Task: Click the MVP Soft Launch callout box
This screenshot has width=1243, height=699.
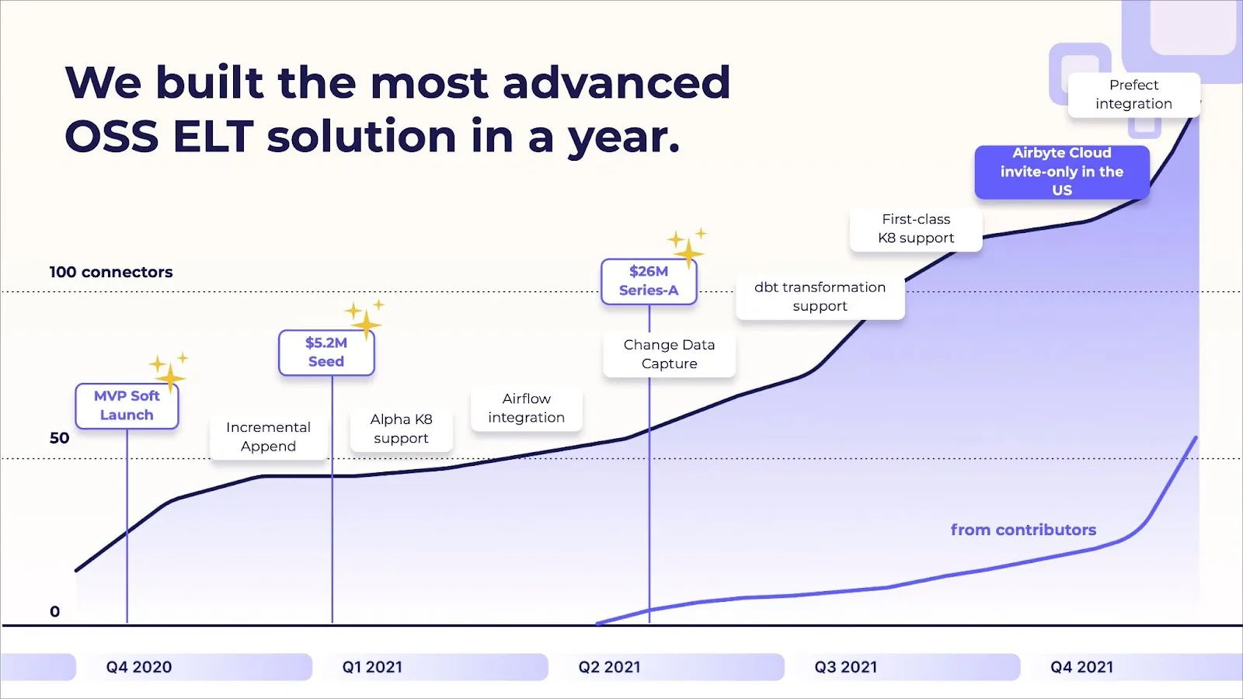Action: point(127,405)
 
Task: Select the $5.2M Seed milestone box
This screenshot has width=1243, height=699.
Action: point(326,353)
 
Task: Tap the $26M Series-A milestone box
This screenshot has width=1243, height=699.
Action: point(649,281)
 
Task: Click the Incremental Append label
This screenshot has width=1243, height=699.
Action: point(268,437)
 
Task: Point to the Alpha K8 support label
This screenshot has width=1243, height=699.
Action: point(401,429)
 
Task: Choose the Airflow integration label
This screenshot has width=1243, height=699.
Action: point(526,409)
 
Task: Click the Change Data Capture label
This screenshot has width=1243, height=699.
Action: point(669,354)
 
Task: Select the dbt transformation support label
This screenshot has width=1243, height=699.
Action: point(820,297)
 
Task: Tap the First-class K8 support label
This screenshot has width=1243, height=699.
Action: point(916,229)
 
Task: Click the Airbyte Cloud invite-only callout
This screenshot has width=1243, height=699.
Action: point(1061,172)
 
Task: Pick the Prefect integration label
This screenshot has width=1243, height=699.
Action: point(1133,95)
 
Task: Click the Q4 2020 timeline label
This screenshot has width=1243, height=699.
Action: point(139,667)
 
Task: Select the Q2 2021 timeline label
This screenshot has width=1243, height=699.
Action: point(610,667)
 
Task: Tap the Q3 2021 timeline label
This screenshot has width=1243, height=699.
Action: point(846,667)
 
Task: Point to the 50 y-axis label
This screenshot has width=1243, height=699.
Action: point(59,438)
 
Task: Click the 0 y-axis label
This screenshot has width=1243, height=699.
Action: point(54,612)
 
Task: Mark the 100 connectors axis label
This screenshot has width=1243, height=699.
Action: point(111,273)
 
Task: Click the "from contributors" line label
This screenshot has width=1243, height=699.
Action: point(1023,530)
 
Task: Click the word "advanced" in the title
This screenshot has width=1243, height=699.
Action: point(616,83)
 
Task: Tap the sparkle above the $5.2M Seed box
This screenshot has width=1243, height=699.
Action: point(364,318)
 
